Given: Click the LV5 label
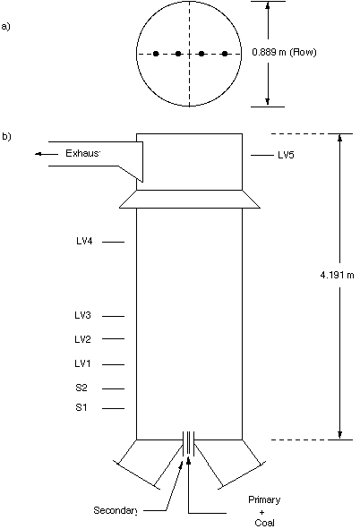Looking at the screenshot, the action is (x=286, y=155).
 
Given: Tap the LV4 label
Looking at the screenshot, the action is (x=84, y=241).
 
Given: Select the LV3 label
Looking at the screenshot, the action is (x=82, y=315).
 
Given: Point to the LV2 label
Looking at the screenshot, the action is (x=82, y=339).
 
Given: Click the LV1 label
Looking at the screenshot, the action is (x=82, y=363).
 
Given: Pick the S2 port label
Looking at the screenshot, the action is (x=81, y=388).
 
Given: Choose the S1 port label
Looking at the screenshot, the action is (x=81, y=407).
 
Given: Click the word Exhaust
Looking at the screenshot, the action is (x=83, y=153).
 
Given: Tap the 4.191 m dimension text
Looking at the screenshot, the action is (x=337, y=276).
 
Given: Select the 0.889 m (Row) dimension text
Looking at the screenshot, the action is (x=284, y=52).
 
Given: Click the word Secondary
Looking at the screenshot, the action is (x=115, y=510).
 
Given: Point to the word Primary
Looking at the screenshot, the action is (x=264, y=499).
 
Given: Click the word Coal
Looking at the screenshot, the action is (x=264, y=523).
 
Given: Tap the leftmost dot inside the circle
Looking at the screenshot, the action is (x=156, y=54).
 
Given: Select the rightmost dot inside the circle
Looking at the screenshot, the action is (x=225, y=54).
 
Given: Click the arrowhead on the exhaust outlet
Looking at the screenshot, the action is (x=39, y=154).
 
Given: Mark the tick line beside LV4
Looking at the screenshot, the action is (x=114, y=242).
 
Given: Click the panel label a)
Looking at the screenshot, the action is (x=5, y=26).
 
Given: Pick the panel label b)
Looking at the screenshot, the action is (x=6, y=136).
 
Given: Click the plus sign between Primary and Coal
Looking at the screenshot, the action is (x=262, y=512).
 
